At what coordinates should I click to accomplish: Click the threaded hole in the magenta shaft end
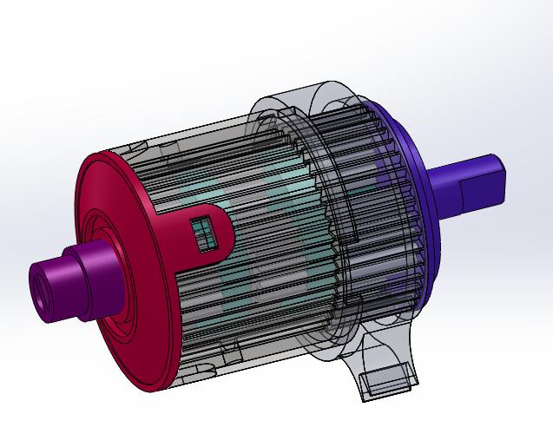[x=42, y=294]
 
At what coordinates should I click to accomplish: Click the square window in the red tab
[x=203, y=233]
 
